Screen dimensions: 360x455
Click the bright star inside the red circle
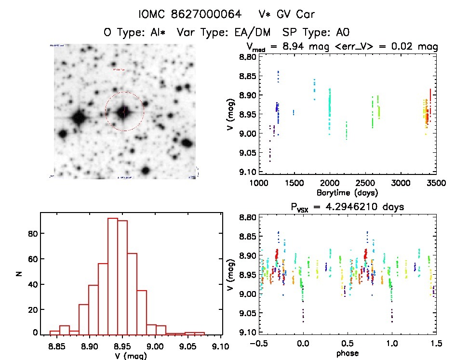[124, 112]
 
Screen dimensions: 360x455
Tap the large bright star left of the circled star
[79, 117]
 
